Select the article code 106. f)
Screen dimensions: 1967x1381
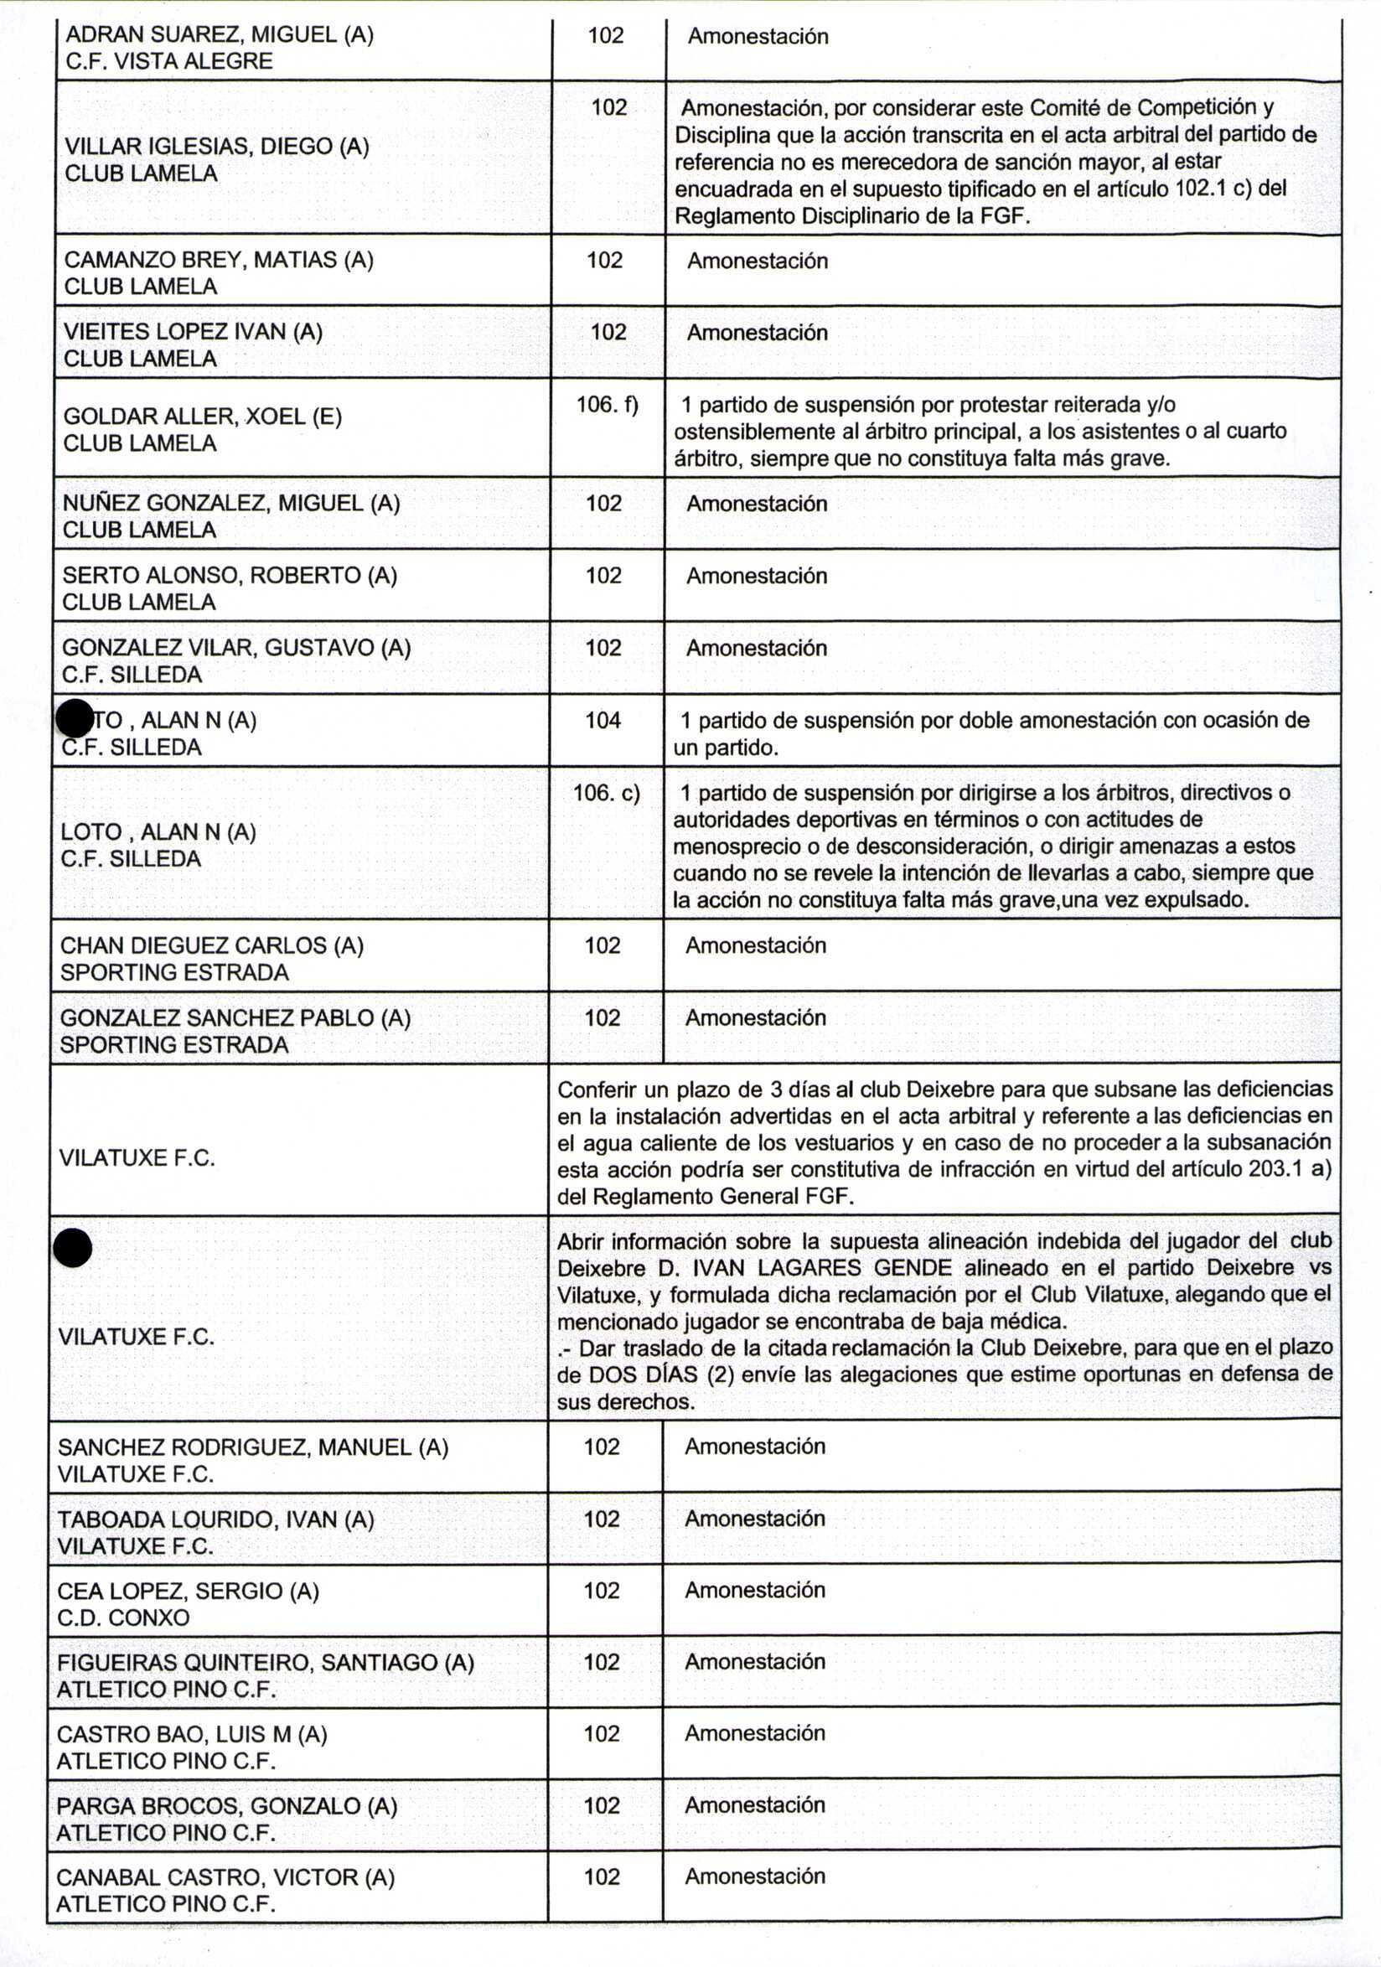click(x=608, y=404)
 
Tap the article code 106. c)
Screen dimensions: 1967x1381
click(x=607, y=793)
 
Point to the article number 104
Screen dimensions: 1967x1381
click(x=603, y=721)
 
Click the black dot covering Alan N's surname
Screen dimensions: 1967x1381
click(x=74, y=718)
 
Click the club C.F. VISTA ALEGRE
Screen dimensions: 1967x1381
click(x=168, y=62)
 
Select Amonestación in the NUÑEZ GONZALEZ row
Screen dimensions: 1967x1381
click(x=757, y=504)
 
